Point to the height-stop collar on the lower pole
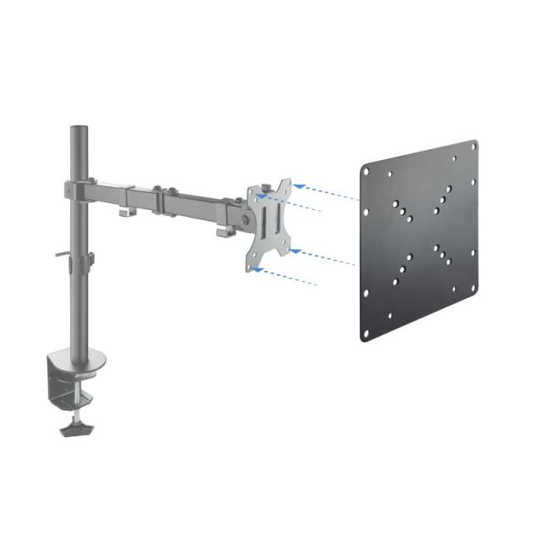click(87, 257)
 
